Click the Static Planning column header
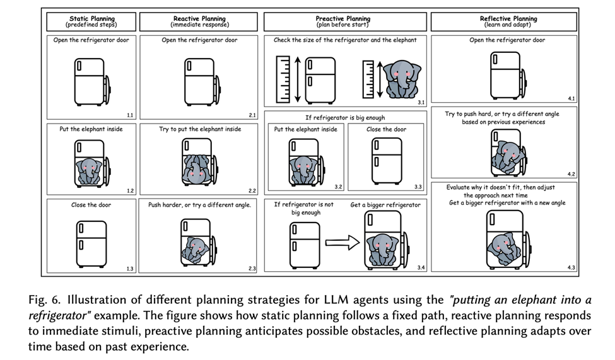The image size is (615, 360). point(92,22)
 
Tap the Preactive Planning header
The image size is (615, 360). point(344,22)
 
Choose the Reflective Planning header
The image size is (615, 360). point(503,22)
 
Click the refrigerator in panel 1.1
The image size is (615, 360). point(91,81)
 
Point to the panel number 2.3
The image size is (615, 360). point(252,269)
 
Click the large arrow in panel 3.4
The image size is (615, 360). point(341,242)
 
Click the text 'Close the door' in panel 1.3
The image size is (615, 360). point(91,205)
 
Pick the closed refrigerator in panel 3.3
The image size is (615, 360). point(387,160)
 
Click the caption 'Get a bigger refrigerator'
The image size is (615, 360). point(385,205)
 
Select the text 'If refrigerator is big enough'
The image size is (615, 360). point(344,117)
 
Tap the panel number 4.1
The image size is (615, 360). point(571,99)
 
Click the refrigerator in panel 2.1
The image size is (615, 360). point(199,81)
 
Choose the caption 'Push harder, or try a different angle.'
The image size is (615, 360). point(199,205)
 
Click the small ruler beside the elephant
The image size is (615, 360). point(368,79)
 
